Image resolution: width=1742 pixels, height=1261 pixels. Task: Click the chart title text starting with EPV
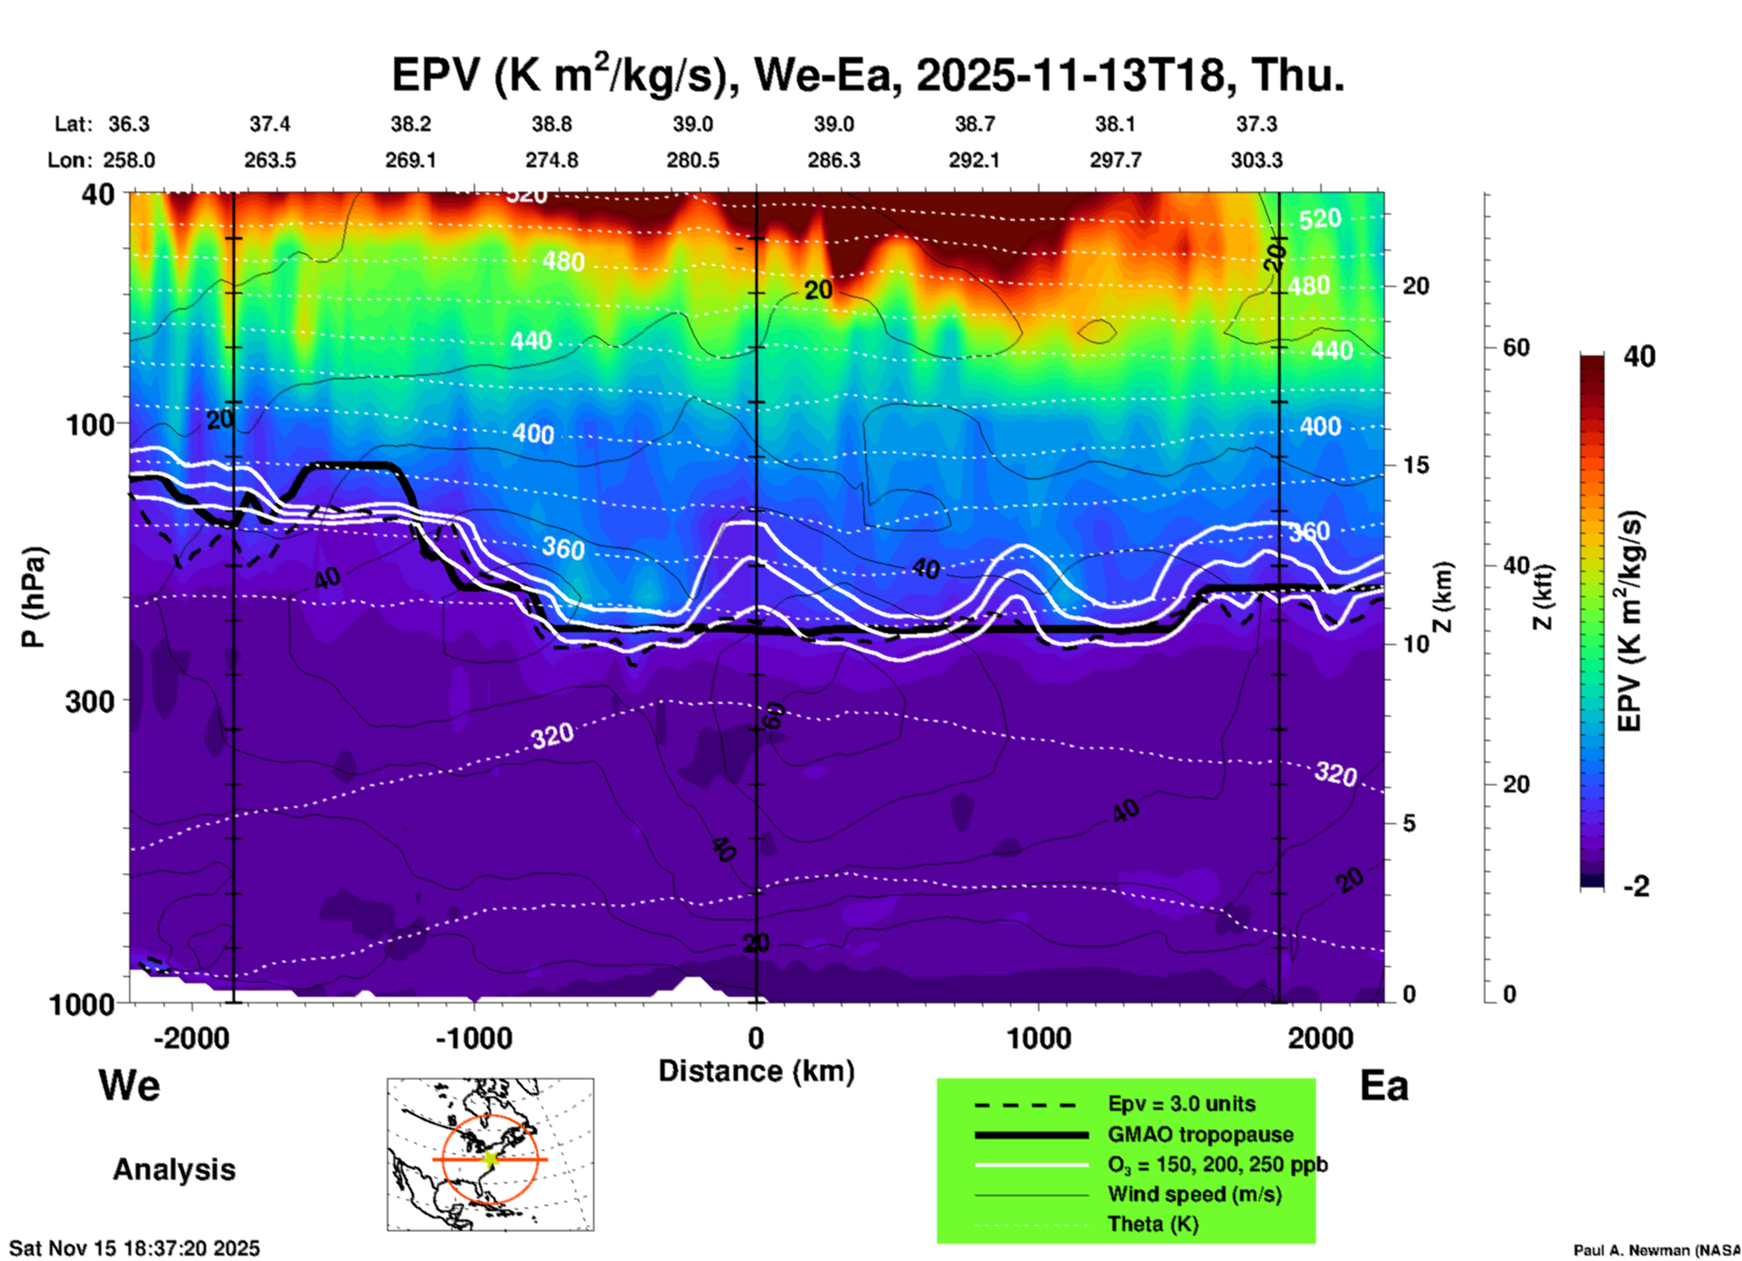click(868, 74)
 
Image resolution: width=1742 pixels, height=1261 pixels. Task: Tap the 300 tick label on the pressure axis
click(90, 701)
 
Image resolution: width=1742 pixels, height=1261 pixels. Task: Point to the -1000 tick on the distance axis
click(474, 1038)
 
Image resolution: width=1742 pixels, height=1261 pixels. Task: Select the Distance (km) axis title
click(756, 1071)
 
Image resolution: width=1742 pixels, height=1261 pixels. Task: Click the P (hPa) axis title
click(33, 597)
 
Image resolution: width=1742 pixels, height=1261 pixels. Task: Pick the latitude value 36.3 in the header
click(128, 124)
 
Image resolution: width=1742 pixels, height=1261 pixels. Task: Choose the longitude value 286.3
click(833, 161)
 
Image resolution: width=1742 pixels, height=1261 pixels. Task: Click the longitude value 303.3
click(1256, 161)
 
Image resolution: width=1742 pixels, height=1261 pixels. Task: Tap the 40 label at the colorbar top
click(1639, 356)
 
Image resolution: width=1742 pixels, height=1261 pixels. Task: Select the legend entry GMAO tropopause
click(1200, 1134)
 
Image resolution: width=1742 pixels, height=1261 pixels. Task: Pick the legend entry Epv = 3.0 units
click(1181, 1105)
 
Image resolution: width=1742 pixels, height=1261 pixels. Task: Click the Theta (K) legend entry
click(1153, 1225)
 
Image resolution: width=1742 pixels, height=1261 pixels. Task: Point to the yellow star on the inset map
click(491, 1159)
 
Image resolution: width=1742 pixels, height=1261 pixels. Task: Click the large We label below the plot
click(129, 1086)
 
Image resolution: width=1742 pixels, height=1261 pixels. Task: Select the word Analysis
click(174, 1170)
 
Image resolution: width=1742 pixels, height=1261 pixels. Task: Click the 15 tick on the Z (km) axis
click(1415, 465)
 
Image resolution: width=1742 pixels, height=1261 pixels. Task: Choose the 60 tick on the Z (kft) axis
click(1517, 347)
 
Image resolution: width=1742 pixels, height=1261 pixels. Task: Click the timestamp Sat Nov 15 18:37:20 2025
click(134, 1248)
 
